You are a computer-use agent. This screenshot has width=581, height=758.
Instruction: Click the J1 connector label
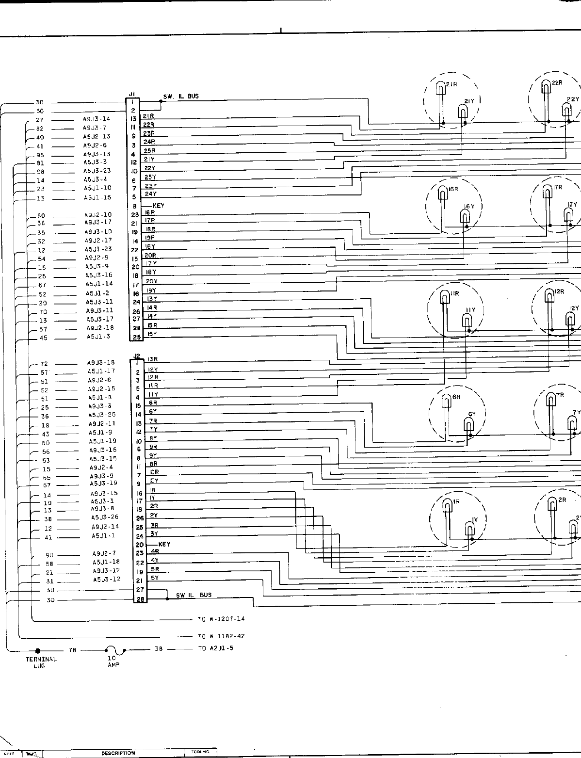131,94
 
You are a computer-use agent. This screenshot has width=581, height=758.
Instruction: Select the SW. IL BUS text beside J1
181,97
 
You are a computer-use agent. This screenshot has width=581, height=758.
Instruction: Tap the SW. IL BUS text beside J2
194,595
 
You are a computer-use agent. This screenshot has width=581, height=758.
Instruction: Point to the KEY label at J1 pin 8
158,206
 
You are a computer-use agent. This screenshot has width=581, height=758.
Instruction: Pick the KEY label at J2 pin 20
164,544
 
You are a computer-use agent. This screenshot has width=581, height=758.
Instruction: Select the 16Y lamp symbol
465,219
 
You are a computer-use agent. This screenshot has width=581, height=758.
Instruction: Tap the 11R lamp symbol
444,296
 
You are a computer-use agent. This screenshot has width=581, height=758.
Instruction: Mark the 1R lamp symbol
448,506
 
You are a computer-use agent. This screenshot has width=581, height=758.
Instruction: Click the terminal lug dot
38,651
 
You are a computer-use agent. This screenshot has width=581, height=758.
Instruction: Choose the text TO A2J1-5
215,648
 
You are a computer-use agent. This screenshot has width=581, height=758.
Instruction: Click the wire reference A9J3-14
97,119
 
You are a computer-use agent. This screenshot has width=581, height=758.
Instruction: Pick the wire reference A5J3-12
106,580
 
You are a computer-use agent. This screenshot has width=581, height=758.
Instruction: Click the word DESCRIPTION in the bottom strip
118,753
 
